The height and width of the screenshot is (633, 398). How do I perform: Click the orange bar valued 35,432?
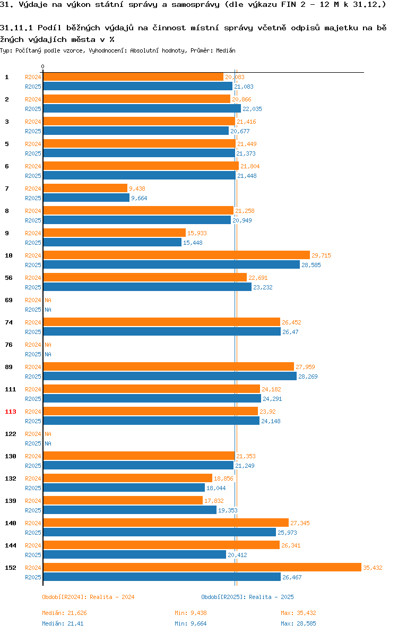pyautogui.click(x=202, y=567)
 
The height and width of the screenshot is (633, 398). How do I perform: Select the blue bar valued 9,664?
pyautogui.click(x=86, y=198)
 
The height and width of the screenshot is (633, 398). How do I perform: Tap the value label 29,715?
pyautogui.click(x=321, y=255)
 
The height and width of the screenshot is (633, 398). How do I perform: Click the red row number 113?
pyautogui.click(x=11, y=412)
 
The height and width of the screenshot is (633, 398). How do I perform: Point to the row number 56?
pyautogui.click(x=9, y=278)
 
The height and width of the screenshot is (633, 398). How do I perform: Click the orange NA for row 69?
pyautogui.click(x=48, y=301)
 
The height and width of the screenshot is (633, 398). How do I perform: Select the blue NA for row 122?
pyautogui.click(x=48, y=443)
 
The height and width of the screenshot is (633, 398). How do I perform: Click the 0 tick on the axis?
pyautogui.click(x=43, y=66)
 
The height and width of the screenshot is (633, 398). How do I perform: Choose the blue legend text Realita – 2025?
pyautogui.click(x=271, y=597)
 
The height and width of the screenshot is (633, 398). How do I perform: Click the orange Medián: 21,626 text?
pyautogui.click(x=65, y=613)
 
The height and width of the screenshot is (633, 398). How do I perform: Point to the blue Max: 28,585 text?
pyautogui.click(x=298, y=624)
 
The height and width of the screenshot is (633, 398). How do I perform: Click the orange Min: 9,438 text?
pyautogui.click(x=191, y=613)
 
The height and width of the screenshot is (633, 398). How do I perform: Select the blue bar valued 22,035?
pyautogui.click(x=142, y=108)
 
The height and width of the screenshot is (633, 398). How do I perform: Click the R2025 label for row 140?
pyautogui.click(x=33, y=533)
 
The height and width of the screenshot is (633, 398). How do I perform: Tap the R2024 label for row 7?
pyautogui.click(x=33, y=189)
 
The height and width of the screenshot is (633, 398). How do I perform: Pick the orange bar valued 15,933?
pyautogui.click(x=115, y=233)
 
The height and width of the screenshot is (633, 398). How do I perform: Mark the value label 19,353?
pyautogui.click(x=228, y=511)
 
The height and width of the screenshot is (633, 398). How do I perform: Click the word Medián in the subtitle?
pyautogui.click(x=226, y=51)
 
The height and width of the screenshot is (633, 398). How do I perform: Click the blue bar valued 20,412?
pyautogui.click(x=135, y=555)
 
